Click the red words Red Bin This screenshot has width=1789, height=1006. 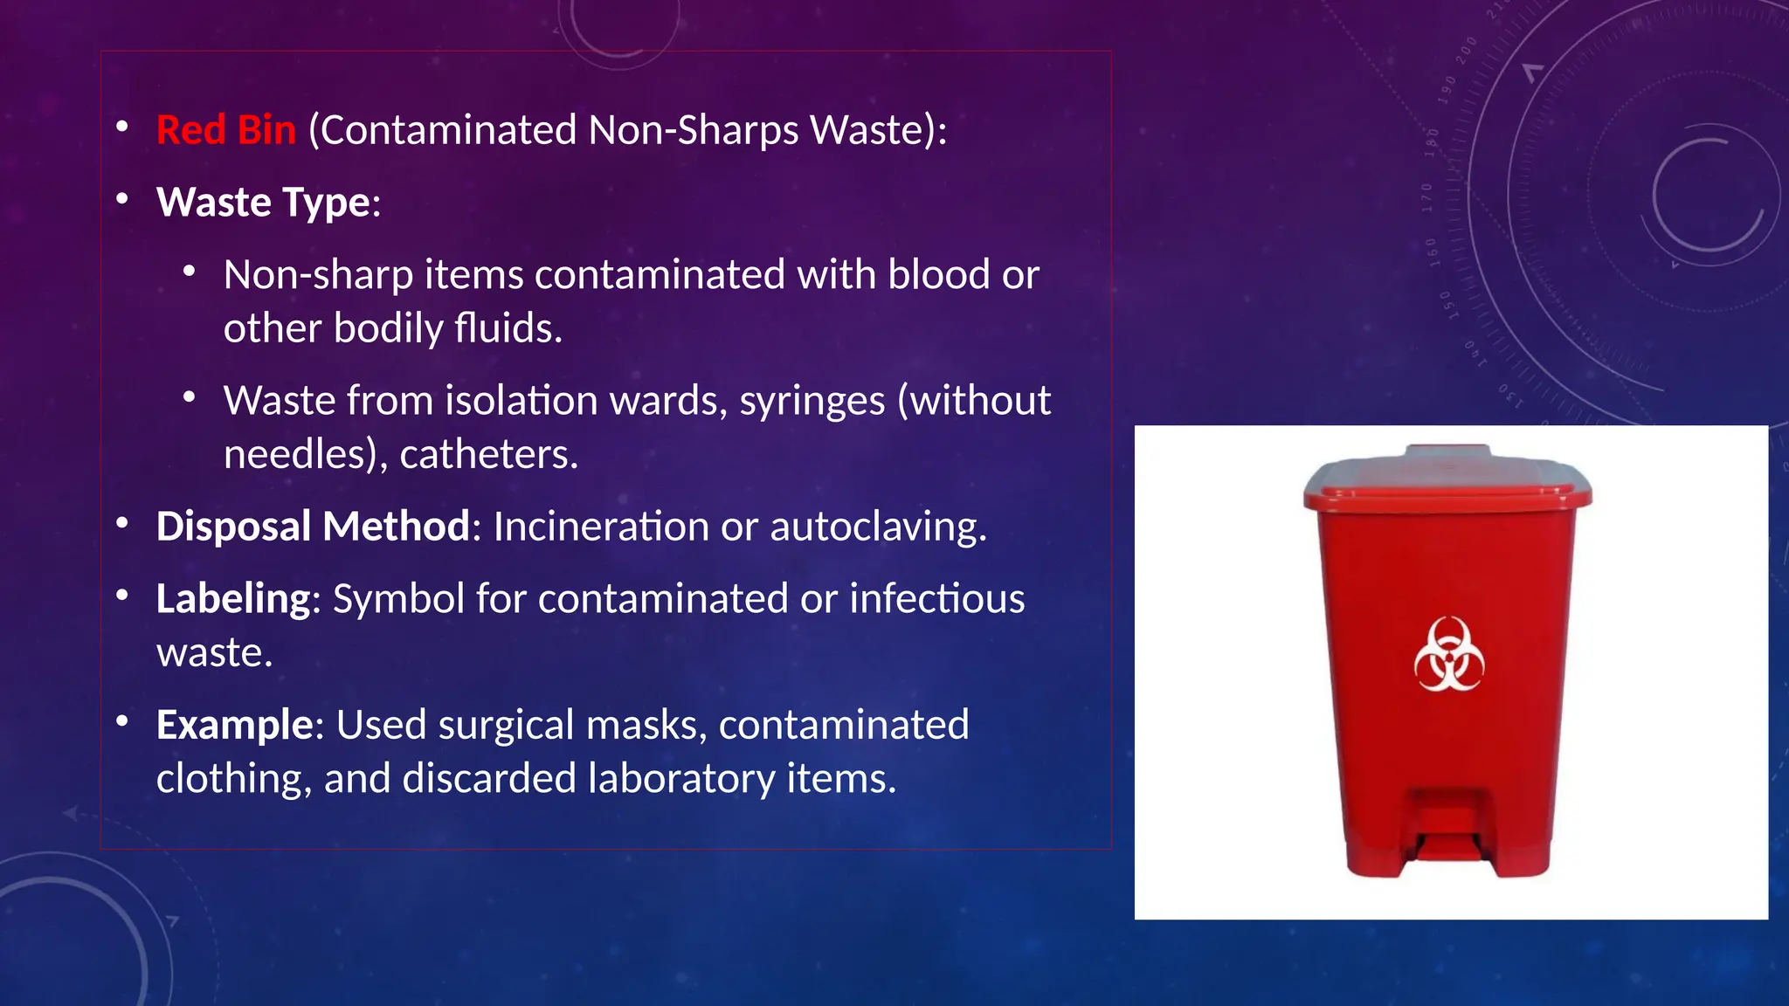click(x=226, y=130)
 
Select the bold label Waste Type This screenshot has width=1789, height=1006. click(x=263, y=203)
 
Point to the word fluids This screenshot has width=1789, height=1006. click(x=508, y=328)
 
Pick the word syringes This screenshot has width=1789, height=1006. click(x=812, y=401)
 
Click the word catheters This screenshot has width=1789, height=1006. click(x=488, y=454)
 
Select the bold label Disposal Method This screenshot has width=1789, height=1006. click(x=314, y=527)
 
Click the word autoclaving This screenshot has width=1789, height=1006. click(x=877, y=527)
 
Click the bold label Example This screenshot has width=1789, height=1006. click(x=235, y=725)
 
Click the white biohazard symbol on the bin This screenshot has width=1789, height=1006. click(x=1448, y=654)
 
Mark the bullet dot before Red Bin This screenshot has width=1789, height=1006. click(x=123, y=128)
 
